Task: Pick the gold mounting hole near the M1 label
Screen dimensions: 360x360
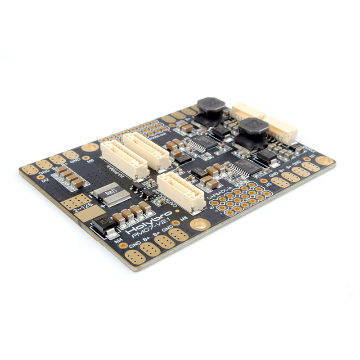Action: pyautogui.click(x=324, y=160)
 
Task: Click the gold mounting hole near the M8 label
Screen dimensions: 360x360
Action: pyautogui.click(x=198, y=224)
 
